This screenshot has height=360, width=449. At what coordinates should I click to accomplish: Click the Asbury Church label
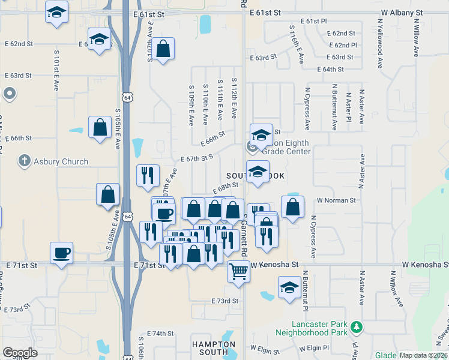(x=61, y=161)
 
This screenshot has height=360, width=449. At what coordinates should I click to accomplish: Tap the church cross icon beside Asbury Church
(x=24, y=161)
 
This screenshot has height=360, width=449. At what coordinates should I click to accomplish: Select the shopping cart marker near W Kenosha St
(x=238, y=271)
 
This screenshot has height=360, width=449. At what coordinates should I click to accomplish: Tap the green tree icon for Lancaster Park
(x=357, y=328)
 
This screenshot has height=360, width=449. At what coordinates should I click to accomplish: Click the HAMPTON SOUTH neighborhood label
(x=213, y=349)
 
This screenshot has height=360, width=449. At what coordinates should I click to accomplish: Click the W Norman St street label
(x=336, y=200)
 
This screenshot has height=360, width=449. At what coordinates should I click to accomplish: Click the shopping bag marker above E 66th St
(x=100, y=128)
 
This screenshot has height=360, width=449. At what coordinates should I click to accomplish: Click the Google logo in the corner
(x=20, y=353)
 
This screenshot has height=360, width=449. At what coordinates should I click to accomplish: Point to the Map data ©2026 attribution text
(x=423, y=355)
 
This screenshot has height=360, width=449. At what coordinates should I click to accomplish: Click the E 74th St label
(x=160, y=333)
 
